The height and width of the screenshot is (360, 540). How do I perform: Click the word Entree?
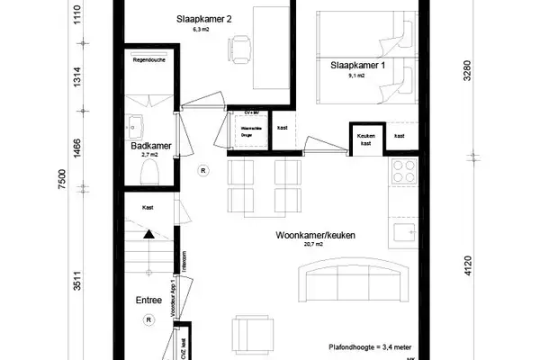tap(148, 301)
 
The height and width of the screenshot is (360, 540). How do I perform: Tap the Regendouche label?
tap(146, 62)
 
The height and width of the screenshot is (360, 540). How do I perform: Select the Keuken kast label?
tap(365, 137)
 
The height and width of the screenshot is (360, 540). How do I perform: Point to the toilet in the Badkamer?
tap(152, 170)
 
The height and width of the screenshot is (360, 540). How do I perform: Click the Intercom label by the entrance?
tap(184, 262)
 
